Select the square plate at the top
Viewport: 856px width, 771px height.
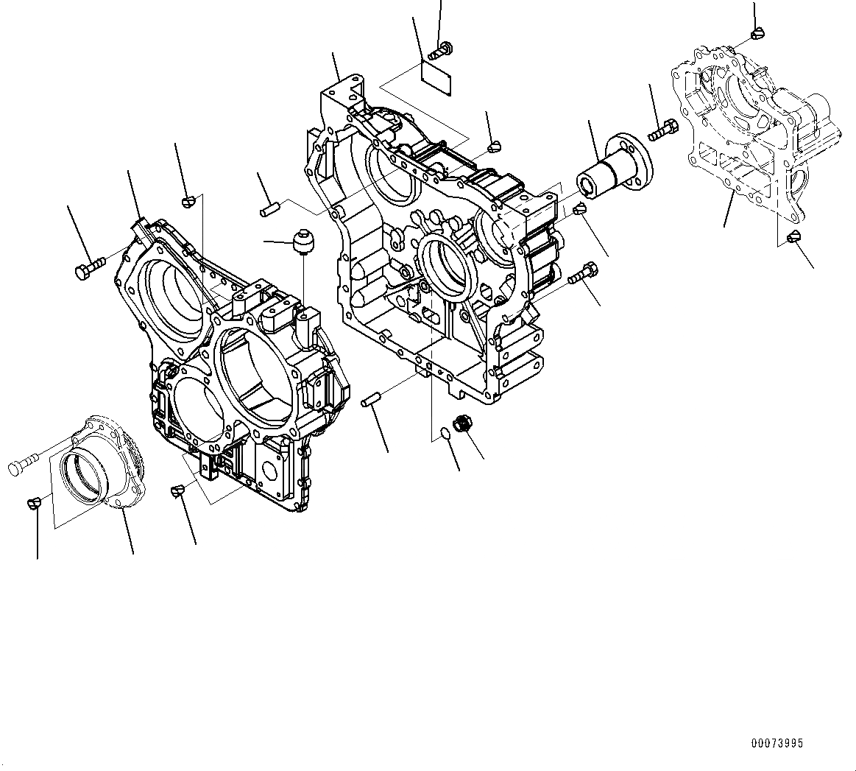click(436, 74)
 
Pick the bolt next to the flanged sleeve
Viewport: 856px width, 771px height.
click(663, 131)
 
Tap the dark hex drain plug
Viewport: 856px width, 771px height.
click(464, 424)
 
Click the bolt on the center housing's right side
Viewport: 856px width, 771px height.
click(581, 274)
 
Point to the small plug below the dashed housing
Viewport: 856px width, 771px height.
click(793, 237)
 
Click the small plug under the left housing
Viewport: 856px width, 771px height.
click(177, 489)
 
